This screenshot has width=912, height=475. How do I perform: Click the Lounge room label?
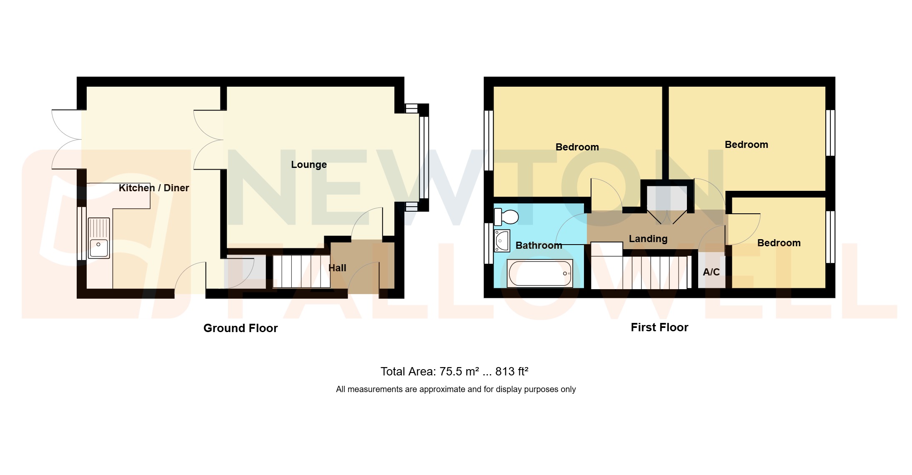click(x=308, y=165)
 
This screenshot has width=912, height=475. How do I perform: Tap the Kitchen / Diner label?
click(x=154, y=188)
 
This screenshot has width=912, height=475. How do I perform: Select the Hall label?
click(x=337, y=268)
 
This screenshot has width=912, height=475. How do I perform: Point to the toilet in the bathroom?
click(x=506, y=217)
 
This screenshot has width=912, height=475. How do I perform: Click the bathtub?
click(x=540, y=273)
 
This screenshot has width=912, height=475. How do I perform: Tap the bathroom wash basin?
click(x=502, y=241)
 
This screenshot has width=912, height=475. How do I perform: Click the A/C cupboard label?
click(x=711, y=272)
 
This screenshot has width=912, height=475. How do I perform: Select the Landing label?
click(x=648, y=239)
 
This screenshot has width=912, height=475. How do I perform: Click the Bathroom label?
click(x=539, y=245)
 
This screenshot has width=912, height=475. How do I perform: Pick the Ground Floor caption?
click(x=240, y=328)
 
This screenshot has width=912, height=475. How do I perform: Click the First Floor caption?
click(x=659, y=327)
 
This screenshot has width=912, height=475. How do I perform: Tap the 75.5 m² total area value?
click(x=459, y=371)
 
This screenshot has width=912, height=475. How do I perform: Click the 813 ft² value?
click(x=511, y=371)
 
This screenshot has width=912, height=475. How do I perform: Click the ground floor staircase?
click(x=301, y=271)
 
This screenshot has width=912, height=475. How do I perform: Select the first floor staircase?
click(x=650, y=272)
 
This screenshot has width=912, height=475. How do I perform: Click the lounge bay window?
click(x=423, y=157)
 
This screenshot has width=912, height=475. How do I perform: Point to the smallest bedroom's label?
click(x=779, y=243)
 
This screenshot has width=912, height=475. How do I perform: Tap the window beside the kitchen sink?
click(x=81, y=233)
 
